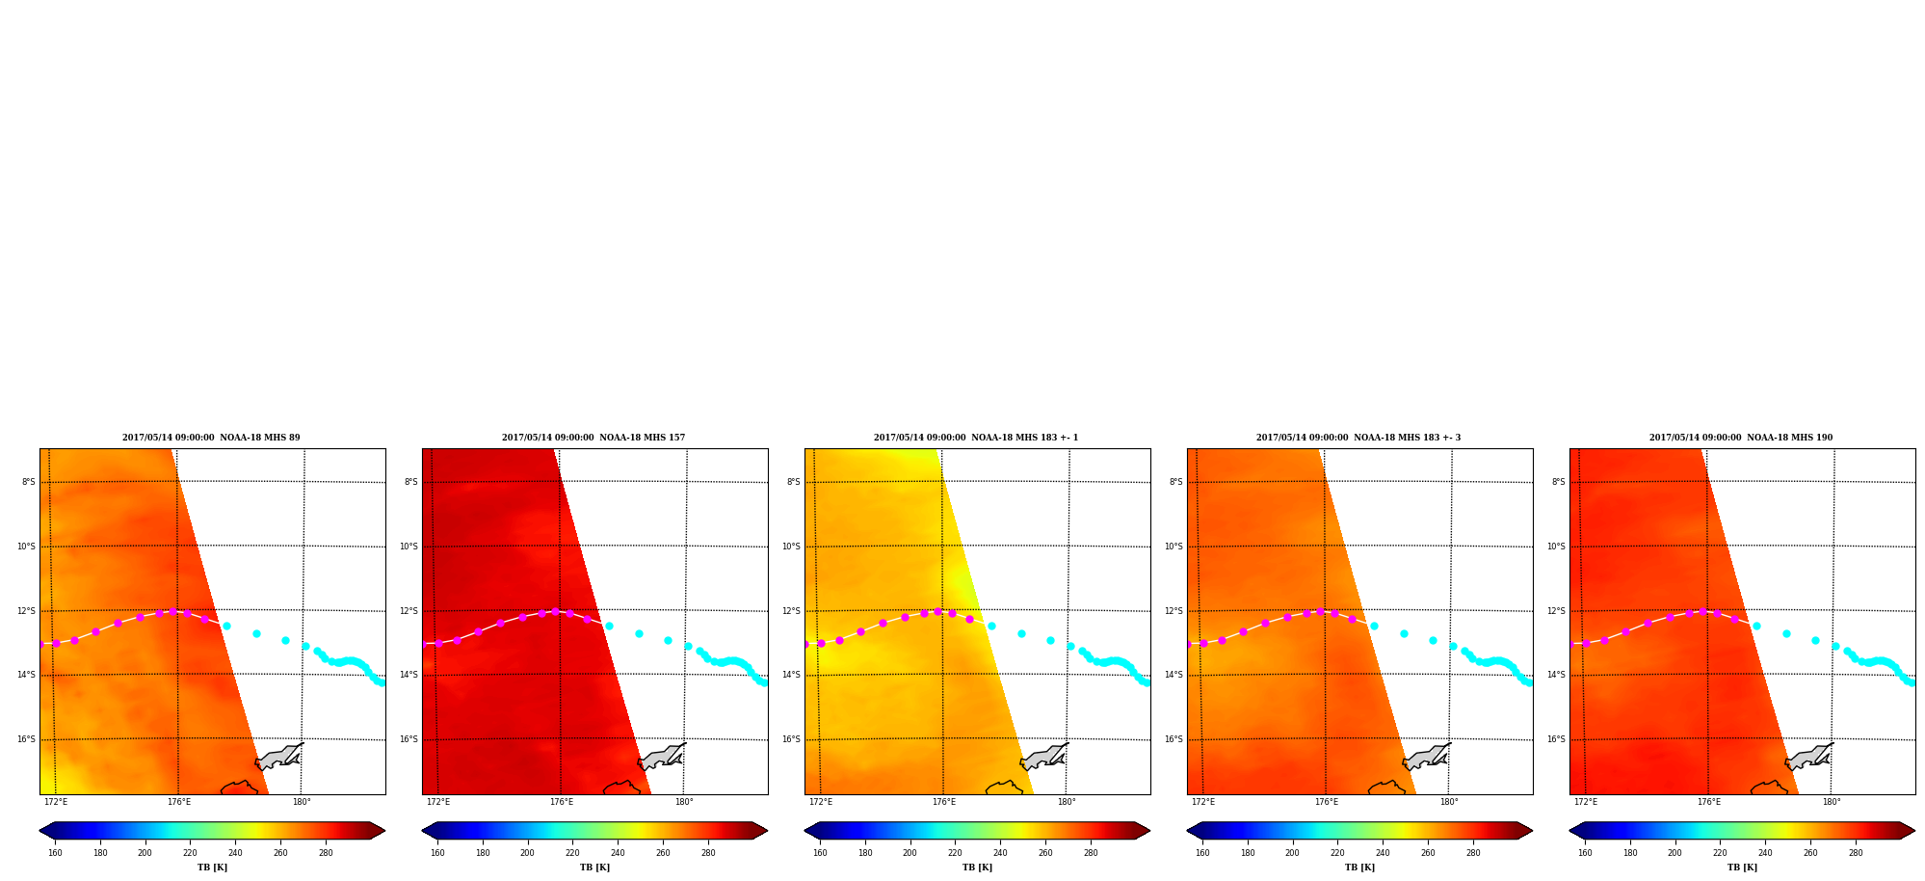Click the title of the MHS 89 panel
pyautogui.click(x=211, y=438)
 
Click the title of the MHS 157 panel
pyautogui.click(x=593, y=438)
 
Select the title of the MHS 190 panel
pyautogui.click(x=1741, y=438)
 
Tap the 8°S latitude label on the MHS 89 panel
pyautogui.click(x=29, y=482)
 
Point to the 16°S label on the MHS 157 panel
pyautogui.click(x=409, y=739)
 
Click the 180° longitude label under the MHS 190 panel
pyautogui.click(x=1832, y=802)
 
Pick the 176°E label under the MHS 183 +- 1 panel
pyautogui.click(x=944, y=802)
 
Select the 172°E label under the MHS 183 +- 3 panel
pyautogui.click(x=1203, y=802)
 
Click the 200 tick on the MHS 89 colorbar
pyautogui.click(x=145, y=852)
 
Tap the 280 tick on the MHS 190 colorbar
pyautogui.click(x=1856, y=852)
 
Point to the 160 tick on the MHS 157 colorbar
pyautogui.click(x=437, y=852)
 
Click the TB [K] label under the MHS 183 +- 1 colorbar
pyautogui.click(x=977, y=868)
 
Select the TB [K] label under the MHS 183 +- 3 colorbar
pyautogui.click(x=1359, y=868)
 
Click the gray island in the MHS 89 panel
pyautogui.click(x=277, y=758)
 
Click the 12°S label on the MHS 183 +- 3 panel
pyautogui.click(x=1173, y=611)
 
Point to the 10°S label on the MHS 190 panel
pyautogui.click(x=1556, y=547)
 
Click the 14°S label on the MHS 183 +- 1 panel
pyautogui.click(x=791, y=675)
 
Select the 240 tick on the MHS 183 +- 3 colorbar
pyautogui.click(x=1383, y=852)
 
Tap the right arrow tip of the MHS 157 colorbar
pyautogui.click(x=767, y=830)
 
